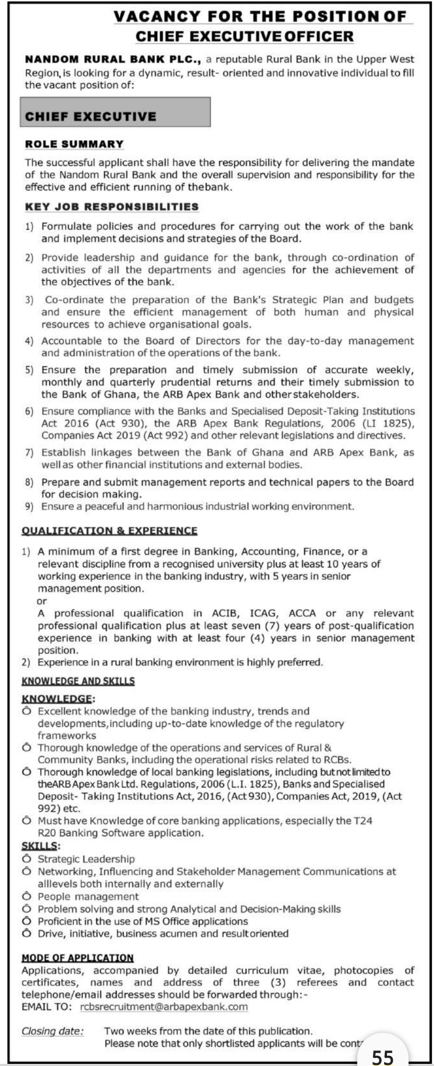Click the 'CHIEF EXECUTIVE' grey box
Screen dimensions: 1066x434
(x=115, y=112)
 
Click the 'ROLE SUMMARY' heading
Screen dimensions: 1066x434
(x=74, y=144)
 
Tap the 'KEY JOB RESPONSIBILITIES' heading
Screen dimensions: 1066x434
(x=112, y=207)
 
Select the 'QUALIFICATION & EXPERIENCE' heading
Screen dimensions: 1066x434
(x=109, y=531)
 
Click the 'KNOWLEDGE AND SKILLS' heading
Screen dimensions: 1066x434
(x=78, y=681)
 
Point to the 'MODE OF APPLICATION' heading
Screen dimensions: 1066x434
(x=78, y=958)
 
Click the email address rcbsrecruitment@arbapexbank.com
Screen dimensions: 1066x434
(x=164, y=1007)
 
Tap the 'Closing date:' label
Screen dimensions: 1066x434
(x=52, y=1031)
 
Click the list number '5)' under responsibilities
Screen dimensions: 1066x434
(x=30, y=370)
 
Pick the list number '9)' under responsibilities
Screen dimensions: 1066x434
(x=30, y=506)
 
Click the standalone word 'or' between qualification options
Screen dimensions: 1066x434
(x=42, y=601)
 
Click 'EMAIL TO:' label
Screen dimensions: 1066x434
(x=47, y=1007)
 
